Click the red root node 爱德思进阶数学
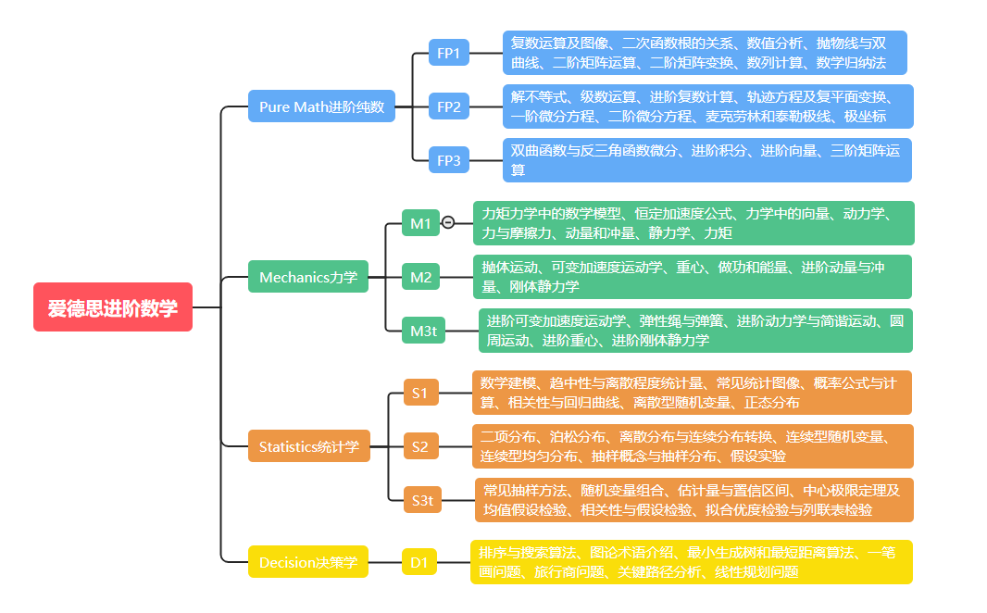coord(113,307)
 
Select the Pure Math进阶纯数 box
coord(321,106)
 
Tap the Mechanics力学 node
coord(308,277)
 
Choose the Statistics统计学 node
coord(309,446)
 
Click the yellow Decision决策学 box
coord(308,562)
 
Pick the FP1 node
coord(449,53)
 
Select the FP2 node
coord(449,107)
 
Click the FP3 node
coord(449,160)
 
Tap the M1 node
coord(420,223)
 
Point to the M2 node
coord(420,277)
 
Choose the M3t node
coord(424,331)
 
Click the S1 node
coord(420,393)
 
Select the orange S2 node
coord(420,446)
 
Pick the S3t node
coord(422,500)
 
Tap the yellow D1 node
coord(419,562)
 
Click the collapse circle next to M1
coord(448,222)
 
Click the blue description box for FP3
coord(706,160)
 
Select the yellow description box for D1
coord(691,562)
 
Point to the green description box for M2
coord(693,277)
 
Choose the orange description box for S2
coord(693,446)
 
